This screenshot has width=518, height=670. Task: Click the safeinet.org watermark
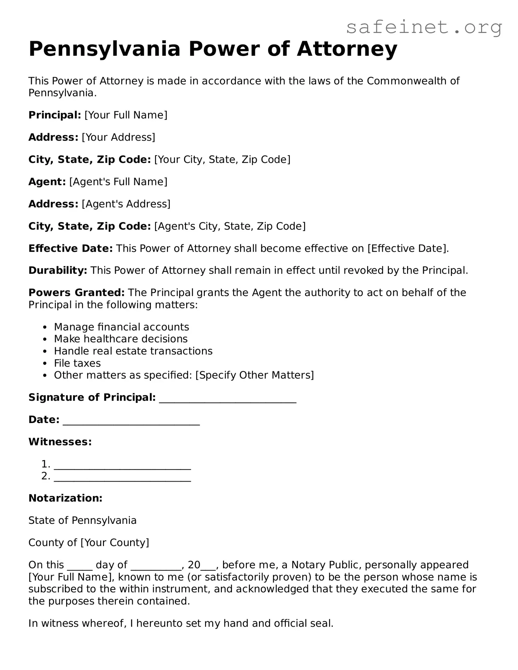tap(424, 27)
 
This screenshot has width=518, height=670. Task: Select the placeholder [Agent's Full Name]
tap(118, 182)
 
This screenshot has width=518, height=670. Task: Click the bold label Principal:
tap(55, 115)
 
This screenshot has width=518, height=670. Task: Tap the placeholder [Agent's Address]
tap(126, 204)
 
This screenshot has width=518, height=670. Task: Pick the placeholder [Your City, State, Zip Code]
tap(222, 159)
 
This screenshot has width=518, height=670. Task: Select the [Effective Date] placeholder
tap(407, 249)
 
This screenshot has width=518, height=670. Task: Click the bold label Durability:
tap(58, 271)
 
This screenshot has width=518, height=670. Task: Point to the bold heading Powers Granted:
tap(77, 293)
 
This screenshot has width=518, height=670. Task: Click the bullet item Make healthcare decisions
tap(121, 339)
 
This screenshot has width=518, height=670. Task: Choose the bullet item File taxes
tap(77, 363)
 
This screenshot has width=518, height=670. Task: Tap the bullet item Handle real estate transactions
tap(133, 351)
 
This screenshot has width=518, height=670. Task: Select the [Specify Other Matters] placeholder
tap(255, 375)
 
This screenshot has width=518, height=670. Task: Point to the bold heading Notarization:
tap(65, 498)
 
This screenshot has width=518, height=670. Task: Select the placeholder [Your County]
tap(115, 542)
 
